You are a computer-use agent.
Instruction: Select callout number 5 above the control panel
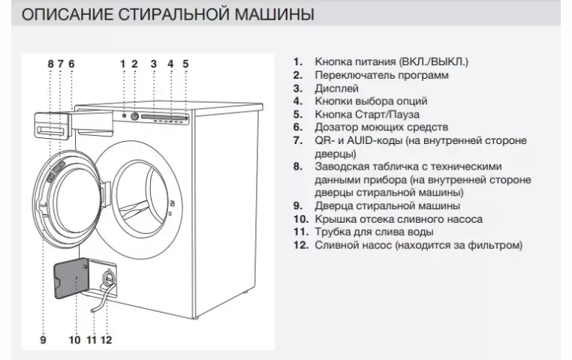click(x=186, y=64)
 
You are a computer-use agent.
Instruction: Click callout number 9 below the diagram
click(x=44, y=340)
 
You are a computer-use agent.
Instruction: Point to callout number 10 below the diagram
click(x=74, y=340)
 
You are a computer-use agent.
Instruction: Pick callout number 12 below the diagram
click(x=106, y=340)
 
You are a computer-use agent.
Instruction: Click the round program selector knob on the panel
click(x=134, y=116)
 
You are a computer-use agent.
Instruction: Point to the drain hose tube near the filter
click(x=95, y=303)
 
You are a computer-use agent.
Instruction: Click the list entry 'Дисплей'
click(x=333, y=88)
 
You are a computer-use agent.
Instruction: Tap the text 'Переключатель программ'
click(x=381, y=75)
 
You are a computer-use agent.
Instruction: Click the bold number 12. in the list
click(x=301, y=244)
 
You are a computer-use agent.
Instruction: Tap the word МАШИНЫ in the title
click(x=274, y=14)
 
